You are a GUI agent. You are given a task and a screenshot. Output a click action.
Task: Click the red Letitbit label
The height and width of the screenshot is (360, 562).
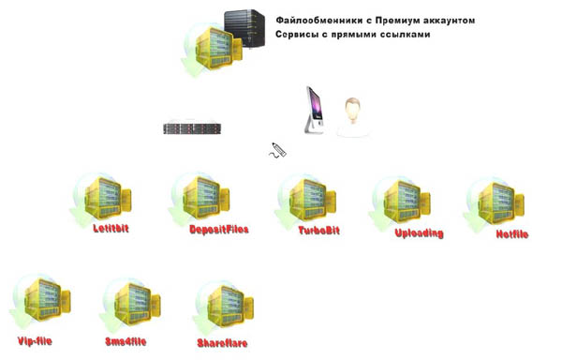111,229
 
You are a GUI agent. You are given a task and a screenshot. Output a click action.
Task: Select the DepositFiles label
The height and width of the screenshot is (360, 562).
218,230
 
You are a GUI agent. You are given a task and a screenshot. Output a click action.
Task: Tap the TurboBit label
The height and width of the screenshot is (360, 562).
319,231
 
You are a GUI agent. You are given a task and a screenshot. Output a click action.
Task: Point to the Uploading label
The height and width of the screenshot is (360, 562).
419,233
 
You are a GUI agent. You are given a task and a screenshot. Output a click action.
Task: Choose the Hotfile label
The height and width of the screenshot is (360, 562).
512,234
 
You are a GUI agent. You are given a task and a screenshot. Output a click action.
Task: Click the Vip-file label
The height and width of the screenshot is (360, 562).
35,340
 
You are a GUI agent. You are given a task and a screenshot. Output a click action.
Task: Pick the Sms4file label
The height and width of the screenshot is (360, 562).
126,341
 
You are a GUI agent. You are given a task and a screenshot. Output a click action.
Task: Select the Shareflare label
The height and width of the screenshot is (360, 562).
222,343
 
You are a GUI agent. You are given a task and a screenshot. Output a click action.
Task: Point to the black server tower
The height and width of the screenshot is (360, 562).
244,29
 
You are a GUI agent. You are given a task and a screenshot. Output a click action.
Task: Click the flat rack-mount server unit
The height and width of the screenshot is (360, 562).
192,128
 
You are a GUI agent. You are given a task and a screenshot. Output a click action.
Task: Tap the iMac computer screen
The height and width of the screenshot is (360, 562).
315,104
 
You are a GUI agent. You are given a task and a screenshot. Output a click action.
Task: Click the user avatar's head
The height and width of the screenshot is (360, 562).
353,110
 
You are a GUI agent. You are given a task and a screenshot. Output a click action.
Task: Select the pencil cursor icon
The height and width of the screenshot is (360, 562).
277,150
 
